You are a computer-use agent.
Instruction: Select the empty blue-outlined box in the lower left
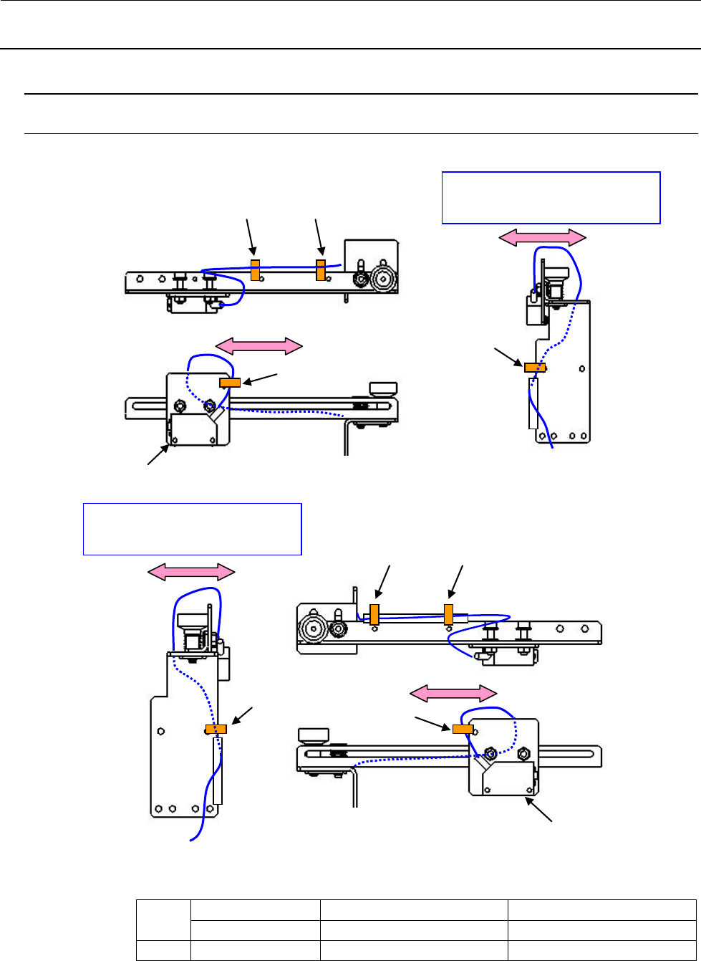[192, 529]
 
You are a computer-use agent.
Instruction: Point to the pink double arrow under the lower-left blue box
[191, 571]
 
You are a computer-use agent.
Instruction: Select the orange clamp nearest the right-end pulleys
[321, 270]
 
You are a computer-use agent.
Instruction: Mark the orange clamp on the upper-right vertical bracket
[535, 368]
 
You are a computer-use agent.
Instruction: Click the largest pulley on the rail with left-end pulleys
[313, 631]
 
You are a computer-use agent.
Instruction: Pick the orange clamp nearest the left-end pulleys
[374, 614]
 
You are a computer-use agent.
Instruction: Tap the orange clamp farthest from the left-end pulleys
[448, 614]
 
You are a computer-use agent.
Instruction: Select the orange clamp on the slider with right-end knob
[229, 383]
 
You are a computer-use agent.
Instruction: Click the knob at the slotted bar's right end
[383, 389]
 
